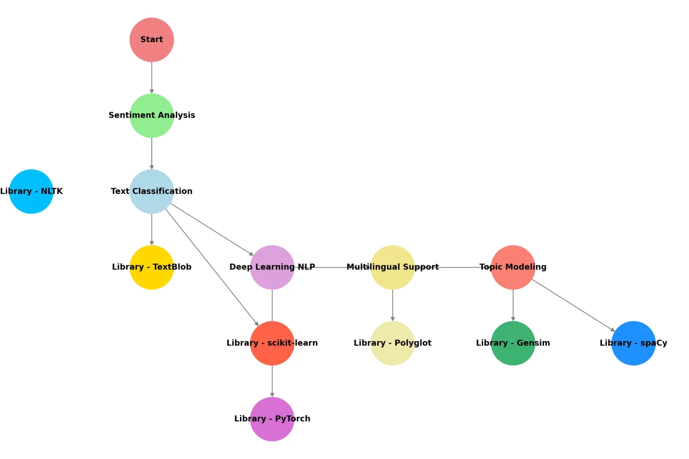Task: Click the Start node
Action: [152, 40]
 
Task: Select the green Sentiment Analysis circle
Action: [152, 116]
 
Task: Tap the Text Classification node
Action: [152, 191]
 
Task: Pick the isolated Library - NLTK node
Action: [31, 191]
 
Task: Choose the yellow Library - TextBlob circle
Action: [152, 267]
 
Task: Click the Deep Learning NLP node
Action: [272, 267]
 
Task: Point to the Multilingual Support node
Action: [392, 267]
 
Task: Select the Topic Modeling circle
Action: [513, 267]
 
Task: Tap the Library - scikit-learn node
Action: [272, 343]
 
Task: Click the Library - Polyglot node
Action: [392, 343]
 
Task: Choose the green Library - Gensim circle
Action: [513, 343]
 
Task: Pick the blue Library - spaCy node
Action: [633, 343]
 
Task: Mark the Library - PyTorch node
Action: [272, 419]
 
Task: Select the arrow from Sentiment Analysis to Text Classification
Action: [152, 153]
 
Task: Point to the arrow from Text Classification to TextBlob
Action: [152, 229]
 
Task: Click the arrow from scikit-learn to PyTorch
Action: [272, 381]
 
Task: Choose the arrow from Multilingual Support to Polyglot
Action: [392, 305]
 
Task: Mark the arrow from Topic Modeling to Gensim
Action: [513, 305]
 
